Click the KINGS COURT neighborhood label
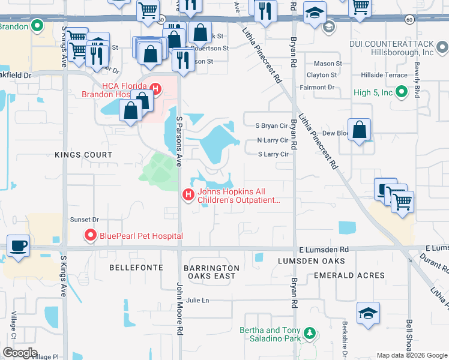click(83, 155)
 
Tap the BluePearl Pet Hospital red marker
click(91, 235)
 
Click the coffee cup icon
click(18, 245)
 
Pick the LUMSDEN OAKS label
click(312, 261)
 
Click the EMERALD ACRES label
click(349, 275)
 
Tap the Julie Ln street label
click(197, 300)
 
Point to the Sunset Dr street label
click(84, 220)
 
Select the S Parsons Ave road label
click(178, 136)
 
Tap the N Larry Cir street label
click(273, 140)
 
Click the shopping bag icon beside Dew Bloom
click(359, 130)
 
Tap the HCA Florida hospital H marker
click(155, 90)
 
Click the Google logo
click(19, 353)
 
